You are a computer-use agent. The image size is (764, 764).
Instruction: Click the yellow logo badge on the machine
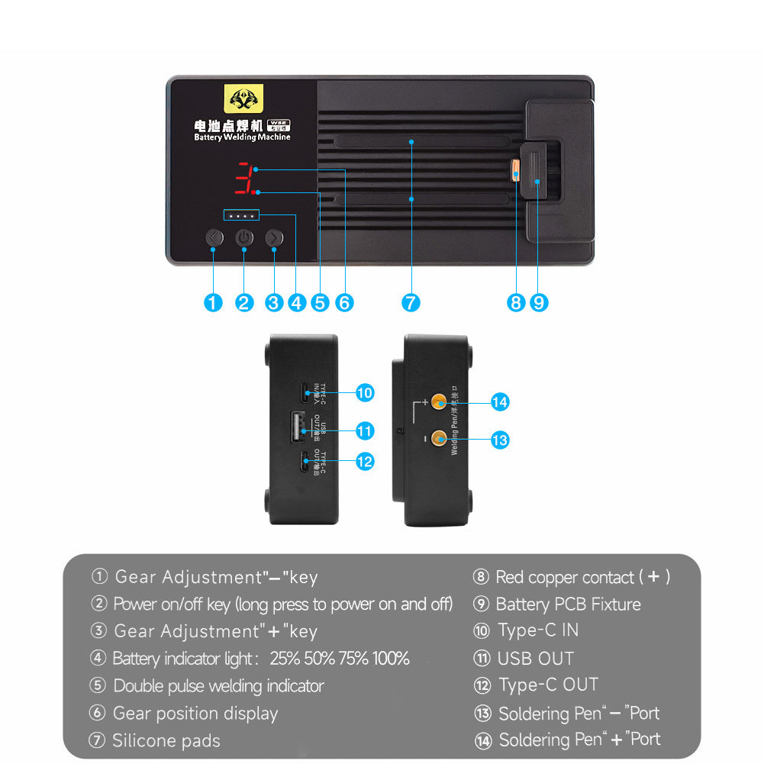coord(243,98)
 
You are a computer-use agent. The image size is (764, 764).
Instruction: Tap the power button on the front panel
coord(244,237)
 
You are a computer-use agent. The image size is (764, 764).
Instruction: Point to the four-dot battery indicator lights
coord(241,216)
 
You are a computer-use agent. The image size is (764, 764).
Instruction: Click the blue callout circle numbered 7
coord(411,302)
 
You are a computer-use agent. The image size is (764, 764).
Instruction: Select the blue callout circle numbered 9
coord(539,302)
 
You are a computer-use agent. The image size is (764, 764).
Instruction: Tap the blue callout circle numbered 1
coord(214,302)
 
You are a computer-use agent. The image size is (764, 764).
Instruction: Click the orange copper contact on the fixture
coord(516,169)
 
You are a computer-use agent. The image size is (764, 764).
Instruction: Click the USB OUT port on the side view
coord(298,427)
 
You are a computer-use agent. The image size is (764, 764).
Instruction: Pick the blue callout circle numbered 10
coord(365,393)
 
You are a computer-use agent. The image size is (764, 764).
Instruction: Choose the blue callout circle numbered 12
coord(365,462)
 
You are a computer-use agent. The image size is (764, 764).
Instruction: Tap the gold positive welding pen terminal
coord(439,402)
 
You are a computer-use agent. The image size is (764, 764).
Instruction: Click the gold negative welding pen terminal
coord(439,438)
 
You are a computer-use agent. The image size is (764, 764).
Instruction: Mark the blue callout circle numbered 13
coord(500,440)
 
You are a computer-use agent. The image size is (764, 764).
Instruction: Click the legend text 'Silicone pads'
coord(166,740)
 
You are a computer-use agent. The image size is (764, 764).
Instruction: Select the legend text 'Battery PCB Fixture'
coord(568,604)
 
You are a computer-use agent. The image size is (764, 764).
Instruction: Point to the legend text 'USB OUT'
coord(535,658)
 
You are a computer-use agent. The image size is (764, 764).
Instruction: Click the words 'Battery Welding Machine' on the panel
coord(242,137)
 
